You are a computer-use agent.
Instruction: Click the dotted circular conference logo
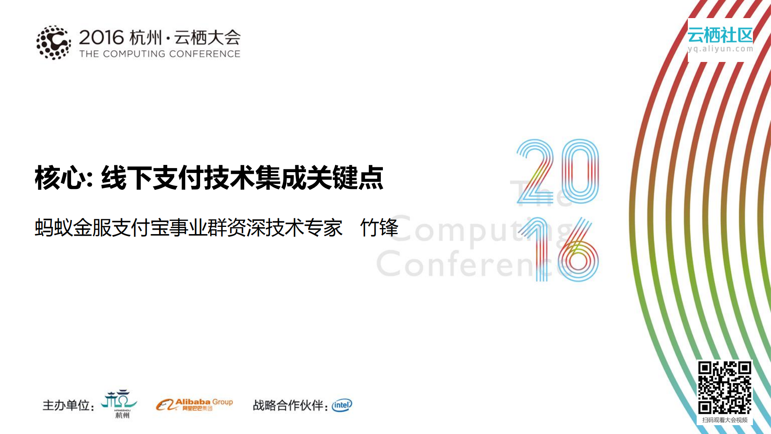click(x=53, y=43)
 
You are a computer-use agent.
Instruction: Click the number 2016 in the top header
click(x=101, y=38)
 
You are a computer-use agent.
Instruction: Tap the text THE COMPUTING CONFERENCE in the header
click(x=160, y=54)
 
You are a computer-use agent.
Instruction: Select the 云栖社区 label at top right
click(x=720, y=35)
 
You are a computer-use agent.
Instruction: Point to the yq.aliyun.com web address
click(x=720, y=49)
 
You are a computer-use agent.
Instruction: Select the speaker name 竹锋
click(x=379, y=228)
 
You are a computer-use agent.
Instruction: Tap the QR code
click(x=724, y=387)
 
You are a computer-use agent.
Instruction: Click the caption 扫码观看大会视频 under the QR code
click(x=724, y=420)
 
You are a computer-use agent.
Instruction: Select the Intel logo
click(x=342, y=405)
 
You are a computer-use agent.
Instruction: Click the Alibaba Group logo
click(x=194, y=404)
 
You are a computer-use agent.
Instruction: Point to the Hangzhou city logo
click(x=120, y=403)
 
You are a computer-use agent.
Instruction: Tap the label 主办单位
click(x=67, y=405)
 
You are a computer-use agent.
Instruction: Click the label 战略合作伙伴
click(x=288, y=405)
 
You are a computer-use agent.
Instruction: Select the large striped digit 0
click(x=580, y=171)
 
